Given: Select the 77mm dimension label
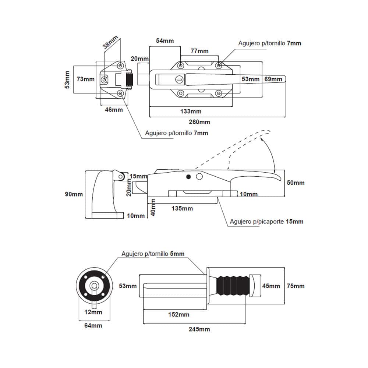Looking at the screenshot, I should [x=199, y=51].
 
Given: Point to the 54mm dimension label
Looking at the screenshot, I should [x=164, y=40].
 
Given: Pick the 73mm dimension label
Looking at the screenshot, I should [x=85, y=79].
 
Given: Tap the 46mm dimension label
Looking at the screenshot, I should [x=114, y=109].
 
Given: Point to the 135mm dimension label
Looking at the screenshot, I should [x=182, y=208].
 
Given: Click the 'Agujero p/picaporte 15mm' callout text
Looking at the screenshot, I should [x=267, y=222].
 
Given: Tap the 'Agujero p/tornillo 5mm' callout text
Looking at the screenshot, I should [x=153, y=254].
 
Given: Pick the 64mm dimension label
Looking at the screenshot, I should [x=93, y=325].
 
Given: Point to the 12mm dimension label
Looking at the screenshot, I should [x=93, y=312].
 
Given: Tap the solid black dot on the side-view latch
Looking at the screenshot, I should [x=189, y=177].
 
